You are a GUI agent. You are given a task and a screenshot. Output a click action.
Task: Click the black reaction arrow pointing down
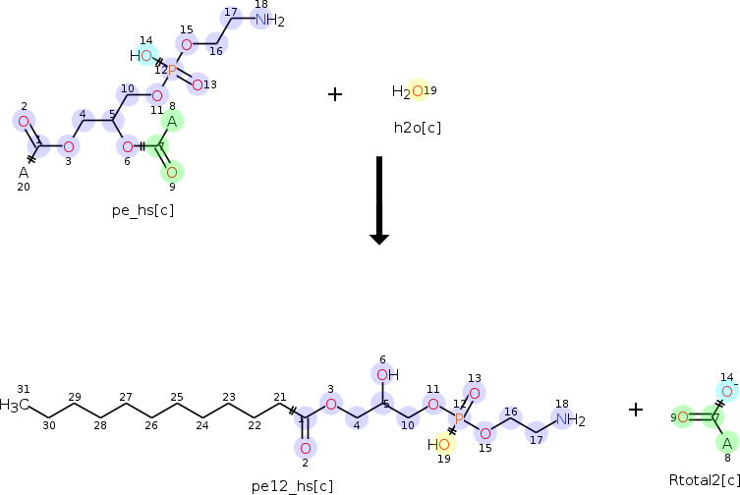379,200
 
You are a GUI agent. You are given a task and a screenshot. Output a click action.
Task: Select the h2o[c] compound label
417,127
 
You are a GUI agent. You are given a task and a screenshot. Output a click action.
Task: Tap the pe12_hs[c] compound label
292,485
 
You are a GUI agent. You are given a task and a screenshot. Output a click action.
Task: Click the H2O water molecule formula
408,92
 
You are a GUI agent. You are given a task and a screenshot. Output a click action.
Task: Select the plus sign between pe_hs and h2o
335,94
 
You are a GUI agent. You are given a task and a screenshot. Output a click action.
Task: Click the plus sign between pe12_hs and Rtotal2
636,410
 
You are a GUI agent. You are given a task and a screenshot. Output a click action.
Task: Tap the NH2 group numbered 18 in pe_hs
269,21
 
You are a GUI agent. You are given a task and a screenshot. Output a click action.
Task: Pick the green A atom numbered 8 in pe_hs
171,122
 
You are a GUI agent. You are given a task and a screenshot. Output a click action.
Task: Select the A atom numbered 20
24,172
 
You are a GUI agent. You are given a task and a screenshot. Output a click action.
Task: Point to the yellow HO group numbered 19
440,444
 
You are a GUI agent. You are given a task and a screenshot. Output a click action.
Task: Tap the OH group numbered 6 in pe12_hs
387,374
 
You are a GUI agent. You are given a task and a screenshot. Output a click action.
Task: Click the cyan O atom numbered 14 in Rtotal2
726,391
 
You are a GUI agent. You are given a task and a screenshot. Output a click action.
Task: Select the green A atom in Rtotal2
726,443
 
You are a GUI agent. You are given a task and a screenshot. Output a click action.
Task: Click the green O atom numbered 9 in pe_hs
171,172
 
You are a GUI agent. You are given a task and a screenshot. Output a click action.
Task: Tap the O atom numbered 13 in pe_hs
198,84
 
